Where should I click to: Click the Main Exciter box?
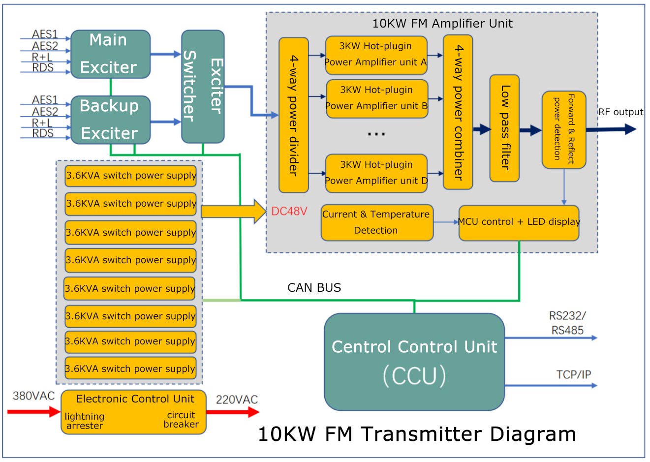pyautogui.click(x=110, y=54)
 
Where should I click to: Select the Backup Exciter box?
pyautogui.click(x=110, y=120)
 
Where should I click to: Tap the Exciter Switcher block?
pyautogui.click(x=203, y=87)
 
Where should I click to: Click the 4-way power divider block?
pyautogui.click(x=293, y=115)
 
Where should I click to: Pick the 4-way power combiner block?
pyautogui.click(x=458, y=112)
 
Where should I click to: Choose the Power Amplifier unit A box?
pyautogui.click(x=376, y=55)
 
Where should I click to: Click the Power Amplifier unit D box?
pyautogui.click(x=376, y=173)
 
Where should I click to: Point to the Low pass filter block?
pyautogui.click(x=504, y=128)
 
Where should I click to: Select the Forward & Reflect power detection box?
pyautogui.click(x=564, y=129)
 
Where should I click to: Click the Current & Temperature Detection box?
pyautogui.click(x=377, y=222)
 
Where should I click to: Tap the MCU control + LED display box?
pyautogui.click(x=519, y=222)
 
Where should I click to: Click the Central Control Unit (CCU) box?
pyautogui.click(x=414, y=362)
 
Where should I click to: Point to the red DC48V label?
pyautogui.click(x=289, y=211)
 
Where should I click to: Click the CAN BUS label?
pyautogui.click(x=314, y=287)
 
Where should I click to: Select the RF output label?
pyautogui.click(x=620, y=112)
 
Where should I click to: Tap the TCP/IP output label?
pyautogui.click(x=574, y=374)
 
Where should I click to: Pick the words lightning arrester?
pyautogui.click(x=85, y=421)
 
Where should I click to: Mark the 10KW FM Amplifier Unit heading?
pyautogui.click(x=442, y=24)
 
